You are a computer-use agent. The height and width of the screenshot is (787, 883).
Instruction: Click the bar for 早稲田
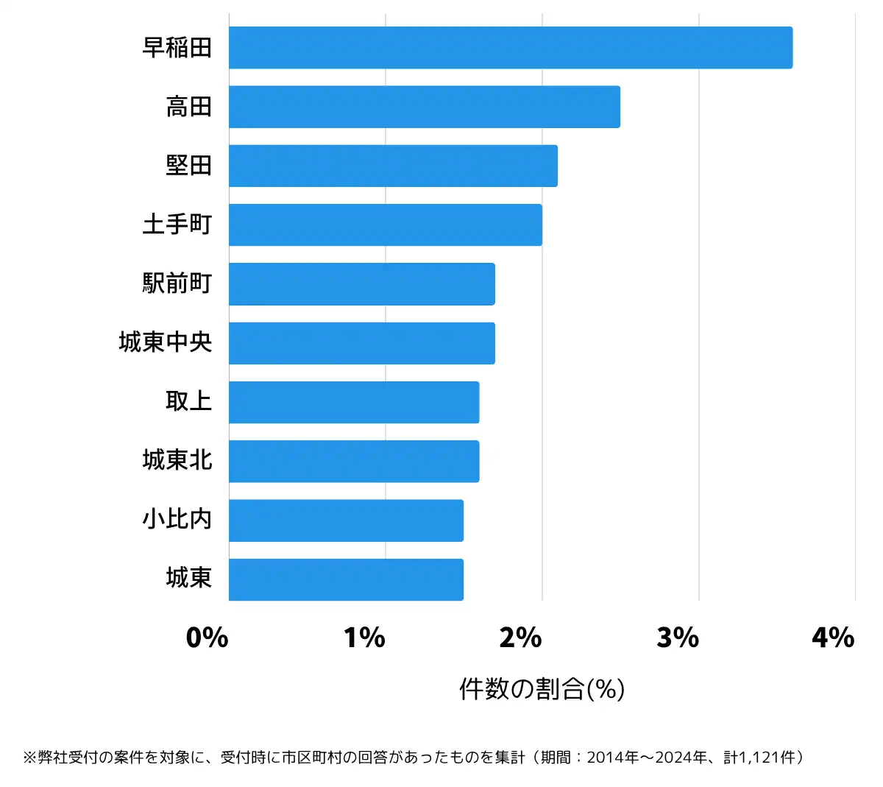(510, 48)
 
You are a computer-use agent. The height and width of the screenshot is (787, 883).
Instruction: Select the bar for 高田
(424, 107)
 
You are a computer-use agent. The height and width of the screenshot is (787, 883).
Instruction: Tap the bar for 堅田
(393, 166)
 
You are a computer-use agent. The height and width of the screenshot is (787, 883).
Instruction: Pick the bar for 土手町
(385, 225)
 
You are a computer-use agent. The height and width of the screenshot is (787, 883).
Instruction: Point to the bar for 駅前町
(361, 284)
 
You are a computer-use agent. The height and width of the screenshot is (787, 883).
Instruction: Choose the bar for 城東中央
(361, 343)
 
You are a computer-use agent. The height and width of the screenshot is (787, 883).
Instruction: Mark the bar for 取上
(353, 402)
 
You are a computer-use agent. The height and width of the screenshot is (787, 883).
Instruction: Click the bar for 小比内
(346, 520)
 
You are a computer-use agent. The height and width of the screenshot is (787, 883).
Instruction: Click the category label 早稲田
(177, 48)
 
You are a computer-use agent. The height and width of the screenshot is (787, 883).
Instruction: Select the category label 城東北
(177, 460)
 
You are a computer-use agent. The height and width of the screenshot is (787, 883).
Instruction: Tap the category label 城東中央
(165, 342)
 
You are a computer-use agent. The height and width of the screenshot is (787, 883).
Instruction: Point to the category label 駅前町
(177, 283)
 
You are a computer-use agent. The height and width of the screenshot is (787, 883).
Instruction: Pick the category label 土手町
(177, 225)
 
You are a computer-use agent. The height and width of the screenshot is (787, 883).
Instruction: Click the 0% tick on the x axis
(207, 638)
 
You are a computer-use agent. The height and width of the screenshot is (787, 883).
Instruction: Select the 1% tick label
(364, 638)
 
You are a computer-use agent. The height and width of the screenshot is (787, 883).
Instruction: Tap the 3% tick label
(678, 638)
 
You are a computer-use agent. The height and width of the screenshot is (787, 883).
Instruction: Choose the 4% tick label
(833, 638)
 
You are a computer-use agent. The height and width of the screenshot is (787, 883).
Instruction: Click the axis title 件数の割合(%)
(542, 689)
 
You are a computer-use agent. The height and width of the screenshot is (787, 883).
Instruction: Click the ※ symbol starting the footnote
(29, 758)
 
